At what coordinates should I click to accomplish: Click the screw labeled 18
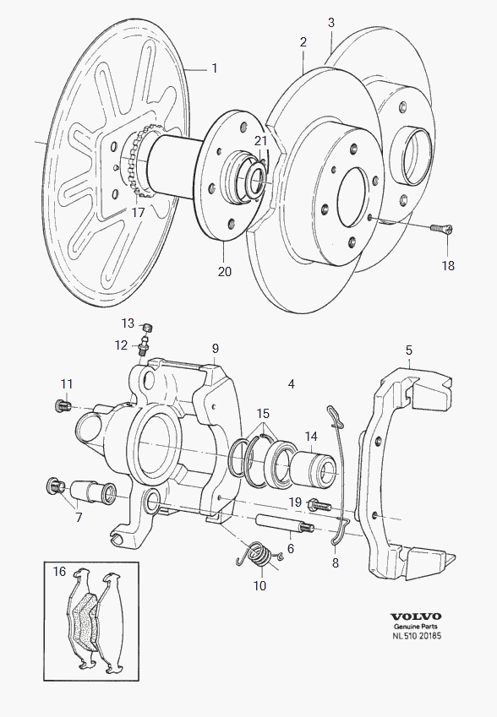(x=441, y=229)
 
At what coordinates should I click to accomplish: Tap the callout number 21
(x=260, y=140)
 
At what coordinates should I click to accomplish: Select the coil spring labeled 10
(x=258, y=555)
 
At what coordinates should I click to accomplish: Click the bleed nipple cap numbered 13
(x=147, y=327)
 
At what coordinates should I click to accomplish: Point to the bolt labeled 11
(x=63, y=405)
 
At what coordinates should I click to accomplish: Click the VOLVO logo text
(x=416, y=617)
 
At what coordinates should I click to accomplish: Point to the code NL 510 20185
(x=417, y=636)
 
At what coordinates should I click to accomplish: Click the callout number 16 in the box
(x=59, y=571)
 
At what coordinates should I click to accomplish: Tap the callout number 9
(x=215, y=349)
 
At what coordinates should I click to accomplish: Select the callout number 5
(x=409, y=350)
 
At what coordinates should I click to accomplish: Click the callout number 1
(x=214, y=68)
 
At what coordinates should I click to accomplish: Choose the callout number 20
(x=225, y=271)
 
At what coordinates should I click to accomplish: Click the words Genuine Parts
(x=416, y=627)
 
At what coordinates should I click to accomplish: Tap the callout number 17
(x=138, y=212)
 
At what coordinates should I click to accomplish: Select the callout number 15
(x=263, y=413)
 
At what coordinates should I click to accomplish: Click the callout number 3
(x=331, y=23)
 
